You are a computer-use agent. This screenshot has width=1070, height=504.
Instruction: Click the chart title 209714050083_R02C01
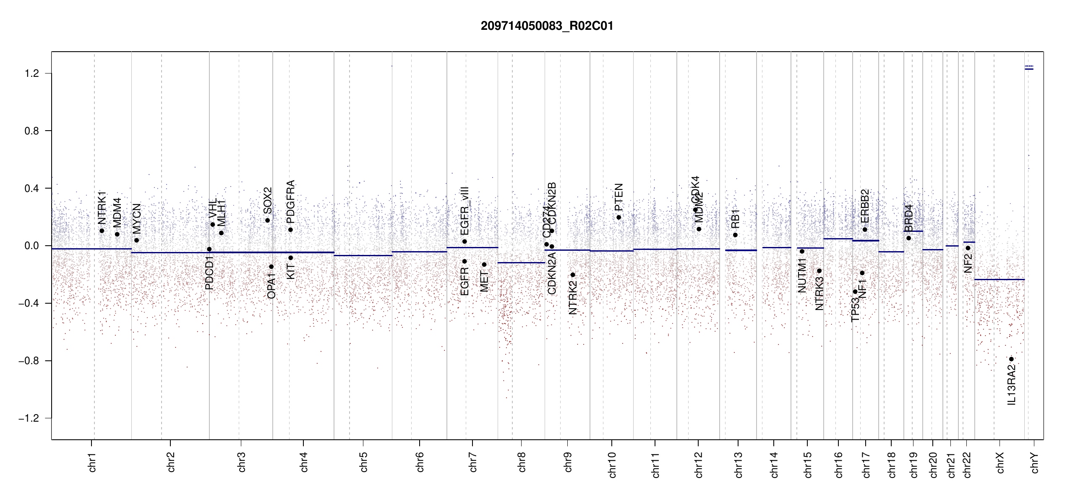(x=547, y=26)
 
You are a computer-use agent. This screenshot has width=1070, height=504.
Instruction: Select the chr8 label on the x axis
(x=522, y=462)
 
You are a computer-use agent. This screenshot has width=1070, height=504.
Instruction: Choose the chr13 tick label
(x=738, y=465)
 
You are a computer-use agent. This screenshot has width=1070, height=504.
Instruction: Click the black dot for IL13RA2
(x=1011, y=359)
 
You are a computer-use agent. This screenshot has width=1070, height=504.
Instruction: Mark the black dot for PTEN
(x=619, y=217)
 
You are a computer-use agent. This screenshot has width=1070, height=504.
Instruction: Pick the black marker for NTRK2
(x=573, y=275)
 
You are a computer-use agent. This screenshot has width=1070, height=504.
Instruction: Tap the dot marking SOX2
(x=267, y=220)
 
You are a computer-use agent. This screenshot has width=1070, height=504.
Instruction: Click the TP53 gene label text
(x=855, y=310)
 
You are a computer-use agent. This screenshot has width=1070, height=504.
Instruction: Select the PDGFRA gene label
(x=290, y=202)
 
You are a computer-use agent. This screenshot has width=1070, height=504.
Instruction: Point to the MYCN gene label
(x=137, y=219)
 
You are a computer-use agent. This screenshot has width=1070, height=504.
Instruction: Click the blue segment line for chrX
(x=999, y=279)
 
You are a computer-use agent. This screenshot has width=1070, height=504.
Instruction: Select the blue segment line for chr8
(x=521, y=263)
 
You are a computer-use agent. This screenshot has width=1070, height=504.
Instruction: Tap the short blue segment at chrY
(x=1029, y=69)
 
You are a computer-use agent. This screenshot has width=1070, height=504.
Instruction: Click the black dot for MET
(x=484, y=265)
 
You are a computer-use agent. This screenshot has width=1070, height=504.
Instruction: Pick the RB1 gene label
(x=735, y=219)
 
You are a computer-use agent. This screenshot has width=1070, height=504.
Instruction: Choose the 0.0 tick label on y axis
(x=31, y=246)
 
